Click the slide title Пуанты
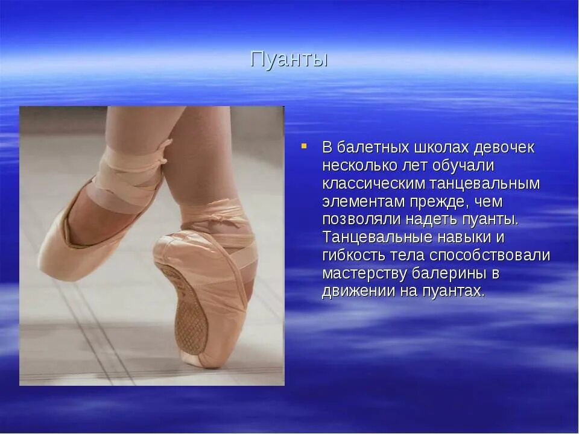pos(289,60)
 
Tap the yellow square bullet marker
pos(305,146)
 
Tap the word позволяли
pos(356,219)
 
